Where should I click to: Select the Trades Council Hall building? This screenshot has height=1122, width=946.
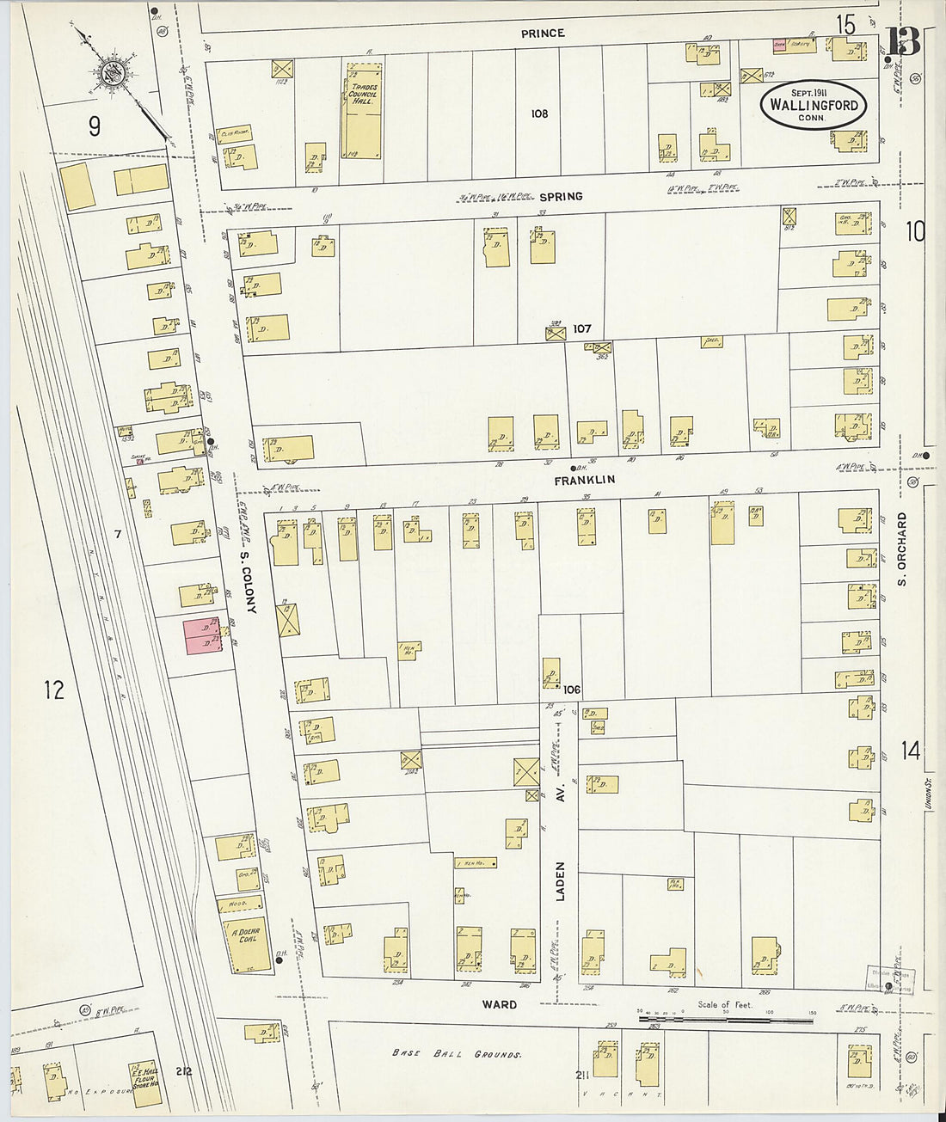[x=363, y=111]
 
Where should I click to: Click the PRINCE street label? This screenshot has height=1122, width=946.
[x=543, y=34]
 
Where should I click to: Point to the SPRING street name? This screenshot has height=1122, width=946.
[x=561, y=197]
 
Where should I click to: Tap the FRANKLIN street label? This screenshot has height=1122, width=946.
[x=584, y=480]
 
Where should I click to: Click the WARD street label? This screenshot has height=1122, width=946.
[x=499, y=1004]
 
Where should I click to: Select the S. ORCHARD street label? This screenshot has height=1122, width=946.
[x=902, y=549]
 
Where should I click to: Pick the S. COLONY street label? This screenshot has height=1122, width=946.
[x=249, y=582]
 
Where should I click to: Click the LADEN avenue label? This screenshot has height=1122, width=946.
[x=561, y=880]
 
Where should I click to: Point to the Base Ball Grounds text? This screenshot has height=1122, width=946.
[x=457, y=1053]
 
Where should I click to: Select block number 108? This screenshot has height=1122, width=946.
[x=539, y=113]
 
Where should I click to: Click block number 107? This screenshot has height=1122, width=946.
[x=582, y=328]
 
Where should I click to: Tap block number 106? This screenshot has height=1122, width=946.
[x=572, y=690]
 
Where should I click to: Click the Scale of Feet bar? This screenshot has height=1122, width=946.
[x=726, y=1020]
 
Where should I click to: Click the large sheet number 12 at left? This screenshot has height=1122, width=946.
[x=54, y=690]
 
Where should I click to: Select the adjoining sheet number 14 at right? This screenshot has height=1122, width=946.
[x=910, y=751]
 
